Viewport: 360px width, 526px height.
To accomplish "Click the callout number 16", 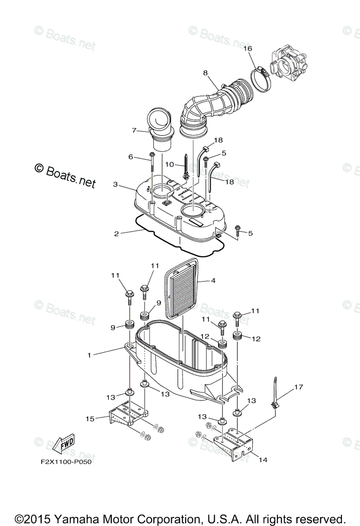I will click(x=248, y=49).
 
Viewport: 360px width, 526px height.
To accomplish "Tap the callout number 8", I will click(x=205, y=73).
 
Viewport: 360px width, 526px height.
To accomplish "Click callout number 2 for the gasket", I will click(x=116, y=234).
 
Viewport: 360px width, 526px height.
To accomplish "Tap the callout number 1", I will click(x=89, y=355).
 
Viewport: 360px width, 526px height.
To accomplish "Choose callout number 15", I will click(x=90, y=419).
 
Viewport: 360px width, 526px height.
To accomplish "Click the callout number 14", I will click(x=263, y=460).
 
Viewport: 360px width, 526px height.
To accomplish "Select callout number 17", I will click(x=298, y=387).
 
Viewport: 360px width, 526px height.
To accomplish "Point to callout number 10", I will click(x=169, y=164).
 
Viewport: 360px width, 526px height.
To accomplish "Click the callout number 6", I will click(x=131, y=156).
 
